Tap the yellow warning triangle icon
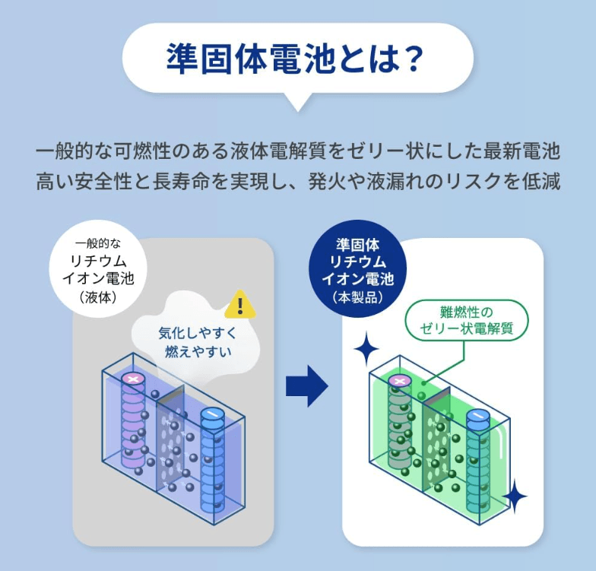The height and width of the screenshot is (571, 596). (x=240, y=306)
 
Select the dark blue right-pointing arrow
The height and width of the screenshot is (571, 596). (x=306, y=386)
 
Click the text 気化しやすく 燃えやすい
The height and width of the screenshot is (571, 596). (x=195, y=342)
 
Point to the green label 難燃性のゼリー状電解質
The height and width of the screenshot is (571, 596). (x=466, y=320)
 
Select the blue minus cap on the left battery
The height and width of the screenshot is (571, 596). (x=212, y=414)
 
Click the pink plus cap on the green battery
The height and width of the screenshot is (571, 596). (x=400, y=379)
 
